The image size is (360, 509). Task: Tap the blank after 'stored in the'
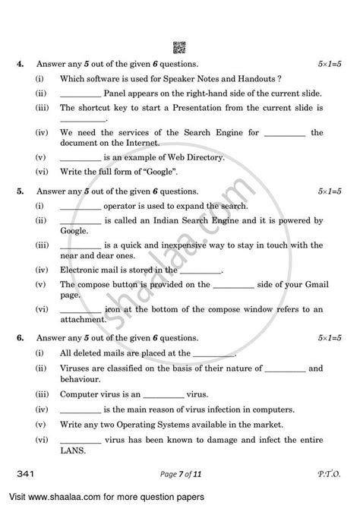pos(201,270)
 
